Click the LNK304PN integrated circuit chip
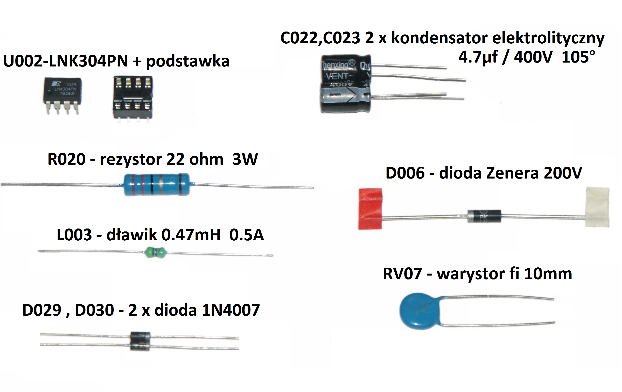[62, 91]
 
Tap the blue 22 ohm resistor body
[156, 184]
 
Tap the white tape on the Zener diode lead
[597, 207]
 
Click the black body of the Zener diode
[484, 216]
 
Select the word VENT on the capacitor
[337, 76]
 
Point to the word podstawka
[188, 62]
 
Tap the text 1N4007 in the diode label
[231, 310]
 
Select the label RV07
[402, 274]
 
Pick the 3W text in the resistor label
[245, 159]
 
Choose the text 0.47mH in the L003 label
[191, 235]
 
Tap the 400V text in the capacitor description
[533, 57]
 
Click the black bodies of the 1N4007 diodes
[140, 341]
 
